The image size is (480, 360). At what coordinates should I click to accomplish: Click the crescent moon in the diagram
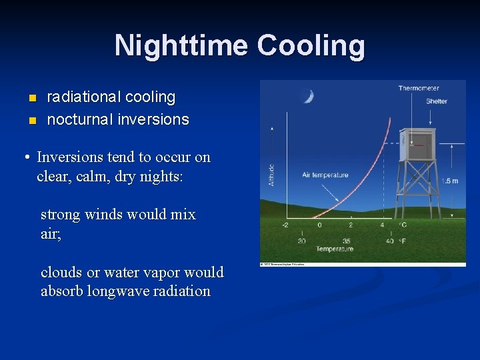[308, 97]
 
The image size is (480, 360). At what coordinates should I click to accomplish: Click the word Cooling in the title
[311, 46]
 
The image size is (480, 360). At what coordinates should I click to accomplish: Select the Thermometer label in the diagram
[418, 88]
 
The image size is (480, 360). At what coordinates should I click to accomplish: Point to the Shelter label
[437, 101]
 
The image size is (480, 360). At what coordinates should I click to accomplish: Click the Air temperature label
[325, 175]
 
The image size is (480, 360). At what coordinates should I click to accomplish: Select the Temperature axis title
[335, 249]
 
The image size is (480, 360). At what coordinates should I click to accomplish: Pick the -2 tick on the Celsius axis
[285, 225]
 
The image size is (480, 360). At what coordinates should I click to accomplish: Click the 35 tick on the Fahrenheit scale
[346, 241]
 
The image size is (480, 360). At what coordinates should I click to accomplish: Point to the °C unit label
[403, 225]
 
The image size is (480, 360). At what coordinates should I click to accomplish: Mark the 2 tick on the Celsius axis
[351, 225]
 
